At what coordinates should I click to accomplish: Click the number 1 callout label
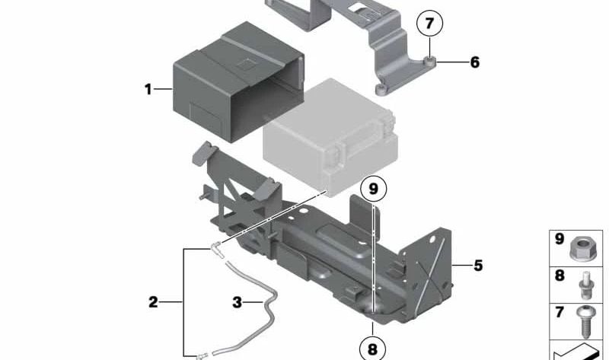[148, 90]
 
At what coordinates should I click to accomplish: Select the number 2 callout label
[153, 302]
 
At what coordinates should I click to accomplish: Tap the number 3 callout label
[237, 302]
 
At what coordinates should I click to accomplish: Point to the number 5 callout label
[477, 266]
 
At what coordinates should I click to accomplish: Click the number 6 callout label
[474, 62]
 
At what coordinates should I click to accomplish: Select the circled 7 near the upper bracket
[429, 24]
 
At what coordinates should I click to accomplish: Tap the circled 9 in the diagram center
[373, 187]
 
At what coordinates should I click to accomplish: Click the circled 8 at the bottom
[372, 349]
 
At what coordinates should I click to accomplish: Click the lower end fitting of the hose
[201, 353]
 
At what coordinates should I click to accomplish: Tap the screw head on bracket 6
[429, 62]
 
